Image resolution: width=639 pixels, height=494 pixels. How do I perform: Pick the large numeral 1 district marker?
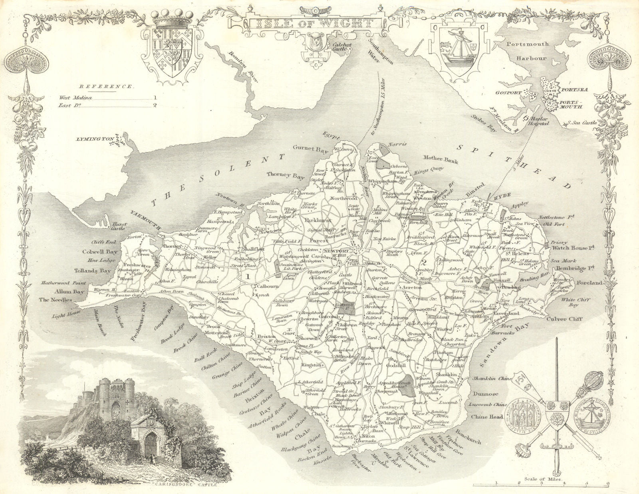tap(248, 275)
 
